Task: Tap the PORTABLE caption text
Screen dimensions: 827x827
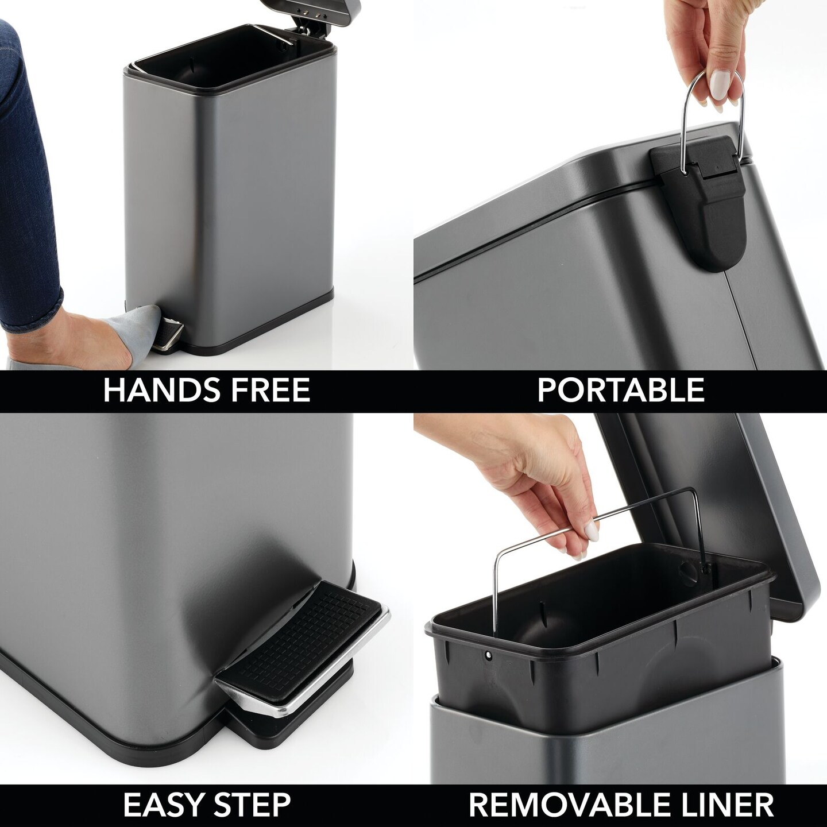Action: (x=620, y=390)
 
